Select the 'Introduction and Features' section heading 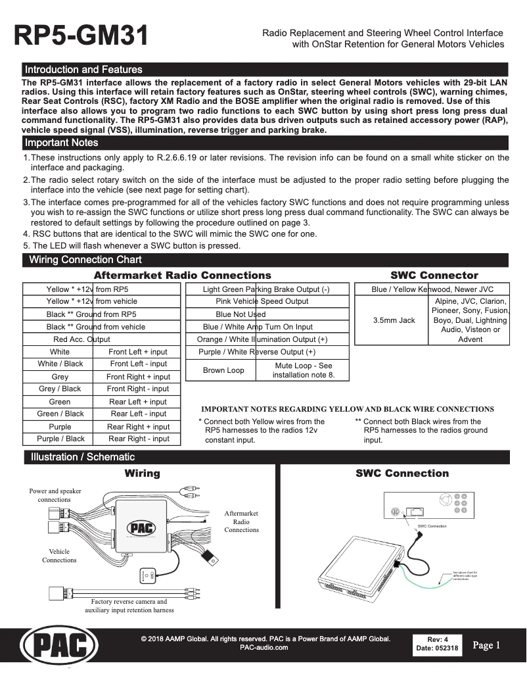point(83,70)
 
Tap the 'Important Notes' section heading point(61,143)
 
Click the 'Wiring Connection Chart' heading point(85,260)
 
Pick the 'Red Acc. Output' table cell point(81,339)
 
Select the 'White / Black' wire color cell point(60,364)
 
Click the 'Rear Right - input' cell point(139,439)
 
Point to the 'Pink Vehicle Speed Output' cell point(262,301)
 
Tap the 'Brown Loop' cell point(223,370)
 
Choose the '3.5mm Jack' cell point(394,320)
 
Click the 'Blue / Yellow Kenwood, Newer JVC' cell point(432,289)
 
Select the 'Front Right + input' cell point(138,377)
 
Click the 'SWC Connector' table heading point(434,276)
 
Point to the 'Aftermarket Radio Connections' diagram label point(241,521)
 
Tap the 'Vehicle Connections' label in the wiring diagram point(59,556)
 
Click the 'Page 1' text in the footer point(486,645)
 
